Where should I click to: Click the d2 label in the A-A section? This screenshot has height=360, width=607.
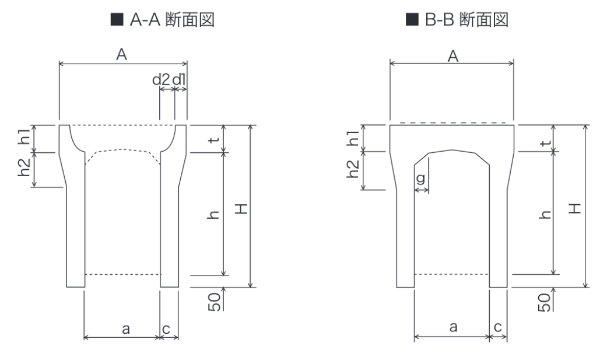pyautogui.click(x=161, y=80)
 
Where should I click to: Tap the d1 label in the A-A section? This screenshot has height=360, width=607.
pyautogui.click(x=179, y=80)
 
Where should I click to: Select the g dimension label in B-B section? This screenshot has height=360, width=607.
pyautogui.click(x=421, y=179)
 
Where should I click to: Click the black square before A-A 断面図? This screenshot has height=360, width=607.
pyautogui.click(x=117, y=19)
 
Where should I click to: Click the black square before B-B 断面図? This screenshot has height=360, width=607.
pyautogui.click(x=412, y=19)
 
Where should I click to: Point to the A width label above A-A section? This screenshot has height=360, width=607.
pyautogui.click(x=121, y=55)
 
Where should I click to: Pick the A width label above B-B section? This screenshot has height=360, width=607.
pyautogui.click(x=453, y=56)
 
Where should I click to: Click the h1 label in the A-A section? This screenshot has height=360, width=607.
pyautogui.click(x=24, y=136)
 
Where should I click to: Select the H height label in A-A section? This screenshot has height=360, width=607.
pyautogui.click(x=241, y=209)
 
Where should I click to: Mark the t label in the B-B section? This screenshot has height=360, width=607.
pyautogui.click(x=546, y=142)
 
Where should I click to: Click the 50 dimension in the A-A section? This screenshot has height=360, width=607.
pyautogui.click(x=215, y=302)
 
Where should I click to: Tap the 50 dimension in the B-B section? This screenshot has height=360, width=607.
pyautogui.click(x=544, y=302)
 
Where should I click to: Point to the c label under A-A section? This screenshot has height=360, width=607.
pyautogui.click(x=166, y=329)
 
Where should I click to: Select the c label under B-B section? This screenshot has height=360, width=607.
pyautogui.click(x=498, y=327)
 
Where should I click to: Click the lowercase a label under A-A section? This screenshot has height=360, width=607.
pyautogui.click(x=126, y=329)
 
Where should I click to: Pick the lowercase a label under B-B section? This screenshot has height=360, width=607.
pyautogui.click(x=453, y=327)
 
